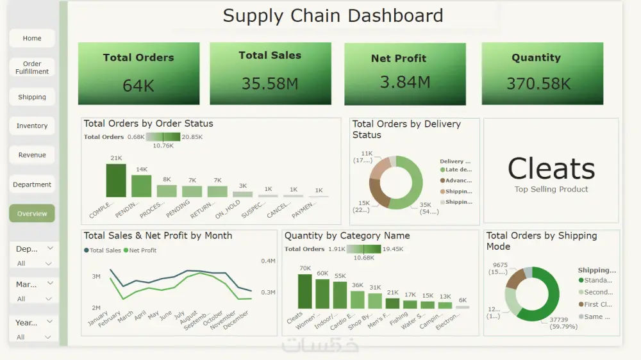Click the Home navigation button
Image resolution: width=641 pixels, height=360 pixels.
pyautogui.click(x=32, y=38)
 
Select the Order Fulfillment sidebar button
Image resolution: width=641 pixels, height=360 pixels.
pyautogui.click(x=32, y=68)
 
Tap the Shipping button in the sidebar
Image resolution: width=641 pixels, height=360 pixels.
pyautogui.click(x=32, y=97)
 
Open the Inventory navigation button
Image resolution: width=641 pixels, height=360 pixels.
pyautogui.click(x=32, y=126)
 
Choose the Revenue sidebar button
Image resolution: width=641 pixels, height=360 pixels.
pyautogui.click(x=32, y=155)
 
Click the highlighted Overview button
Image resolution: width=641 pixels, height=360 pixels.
pyautogui.click(x=32, y=214)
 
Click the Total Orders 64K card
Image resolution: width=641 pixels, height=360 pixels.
pyautogui.click(x=138, y=74)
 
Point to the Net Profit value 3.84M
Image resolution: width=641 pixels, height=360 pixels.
pyautogui.click(x=404, y=82)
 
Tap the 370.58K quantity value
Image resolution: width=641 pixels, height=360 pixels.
pyautogui.click(x=538, y=84)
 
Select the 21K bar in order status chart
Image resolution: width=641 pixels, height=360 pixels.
pyautogui.click(x=116, y=181)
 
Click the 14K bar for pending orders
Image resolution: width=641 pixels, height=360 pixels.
pyautogui.click(x=141, y=186)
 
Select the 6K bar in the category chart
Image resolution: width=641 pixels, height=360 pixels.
pyautogui.click(x=462, y=307)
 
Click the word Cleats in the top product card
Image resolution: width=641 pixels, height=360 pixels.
pyautogui.click(x=551, y=169)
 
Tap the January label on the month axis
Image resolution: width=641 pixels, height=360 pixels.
pyautogui.click(x=98, y=318)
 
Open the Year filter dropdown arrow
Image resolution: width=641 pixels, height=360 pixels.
pyautogui.click(x=49, y=322)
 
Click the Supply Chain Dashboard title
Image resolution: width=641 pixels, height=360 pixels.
pyautogui.click(x=333, y=15)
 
